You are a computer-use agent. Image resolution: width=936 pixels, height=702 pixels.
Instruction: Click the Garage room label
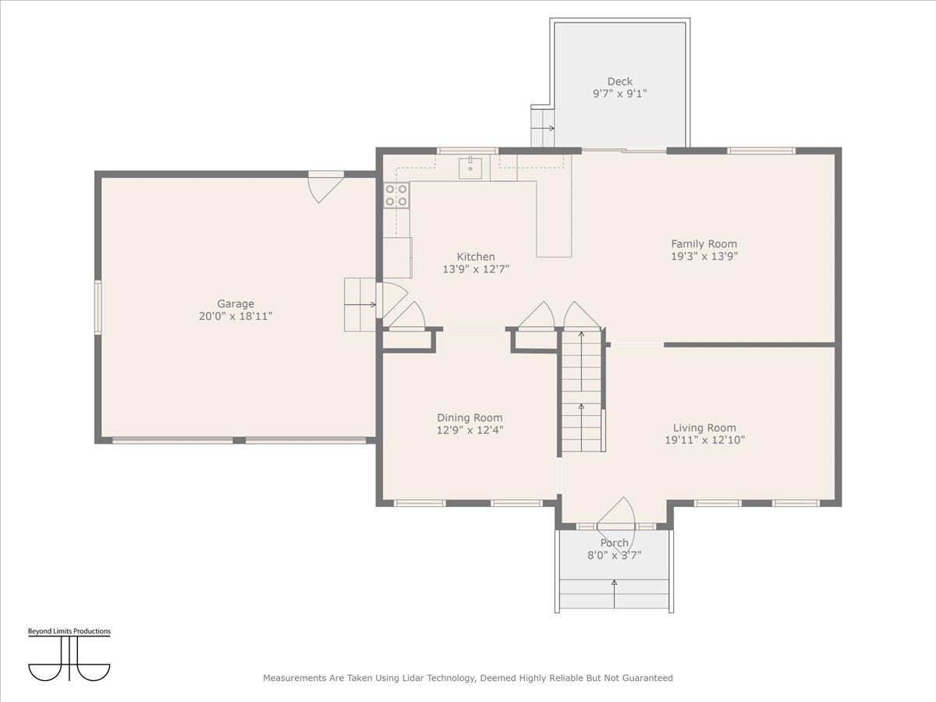(236, 304)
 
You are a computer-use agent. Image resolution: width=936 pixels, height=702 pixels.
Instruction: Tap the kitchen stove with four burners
(396, 195)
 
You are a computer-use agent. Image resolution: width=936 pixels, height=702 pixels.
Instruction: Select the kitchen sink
(471, 166)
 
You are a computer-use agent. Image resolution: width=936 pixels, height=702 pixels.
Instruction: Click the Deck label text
(620, 81)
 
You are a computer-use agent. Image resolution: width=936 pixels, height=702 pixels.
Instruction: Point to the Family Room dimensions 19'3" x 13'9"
(704, 256)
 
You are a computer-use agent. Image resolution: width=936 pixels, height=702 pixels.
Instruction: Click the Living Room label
(704, 427)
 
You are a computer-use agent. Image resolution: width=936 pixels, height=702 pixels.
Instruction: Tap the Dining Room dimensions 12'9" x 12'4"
(470, 430)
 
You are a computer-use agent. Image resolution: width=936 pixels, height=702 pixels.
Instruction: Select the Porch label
(614, 543)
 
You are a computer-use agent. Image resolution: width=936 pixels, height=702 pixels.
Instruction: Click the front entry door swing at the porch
(617, 514)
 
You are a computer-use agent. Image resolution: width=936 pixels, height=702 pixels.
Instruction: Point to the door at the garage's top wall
(325, 186)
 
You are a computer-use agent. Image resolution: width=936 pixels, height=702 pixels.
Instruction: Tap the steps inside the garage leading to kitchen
(360, 304)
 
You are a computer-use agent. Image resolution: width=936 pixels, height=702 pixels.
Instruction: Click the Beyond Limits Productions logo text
(69, 631)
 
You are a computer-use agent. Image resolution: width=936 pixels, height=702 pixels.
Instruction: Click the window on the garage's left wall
(98, 307)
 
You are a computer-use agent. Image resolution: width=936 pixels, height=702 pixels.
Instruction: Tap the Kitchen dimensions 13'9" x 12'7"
(476, 269)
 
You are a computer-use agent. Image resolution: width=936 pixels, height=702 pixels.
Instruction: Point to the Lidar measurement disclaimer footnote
(468, 678)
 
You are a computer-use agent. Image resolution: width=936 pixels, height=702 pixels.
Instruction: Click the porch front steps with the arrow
(614, 594)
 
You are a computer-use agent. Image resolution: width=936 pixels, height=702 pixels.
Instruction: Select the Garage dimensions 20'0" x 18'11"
(236, 316)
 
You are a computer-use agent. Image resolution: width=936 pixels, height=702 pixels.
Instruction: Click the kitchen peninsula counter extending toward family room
(554, 226)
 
